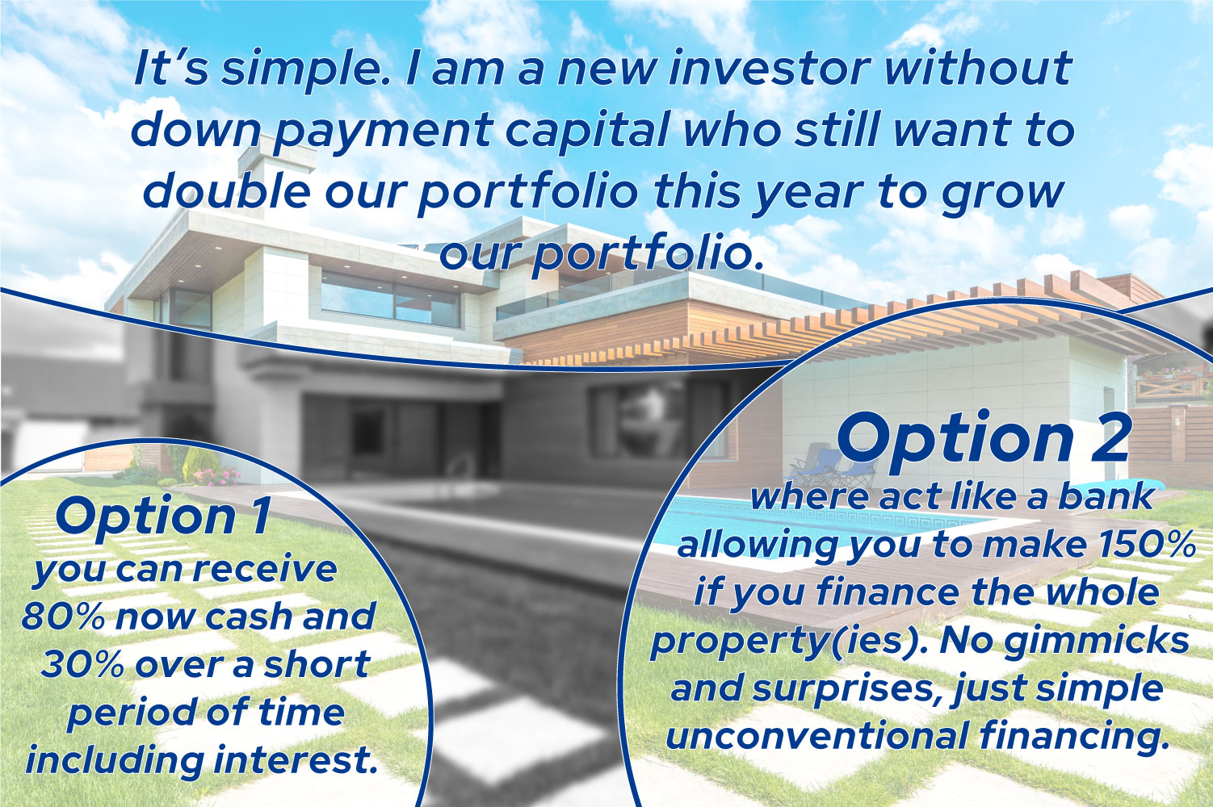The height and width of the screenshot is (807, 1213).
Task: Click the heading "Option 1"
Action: point(162,517)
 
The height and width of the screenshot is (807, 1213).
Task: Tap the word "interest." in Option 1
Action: point(295,760)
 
